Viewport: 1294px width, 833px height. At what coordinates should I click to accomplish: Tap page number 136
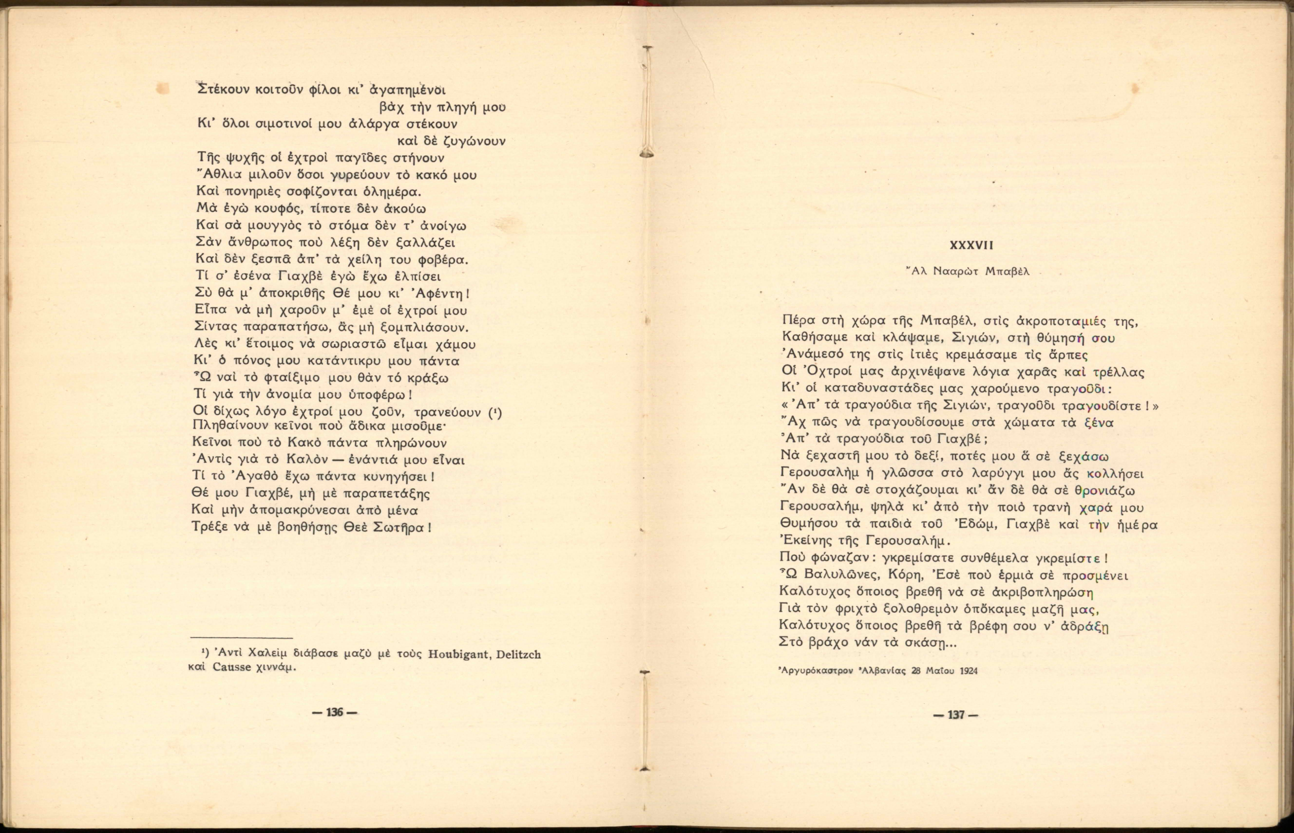click(335, 712)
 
